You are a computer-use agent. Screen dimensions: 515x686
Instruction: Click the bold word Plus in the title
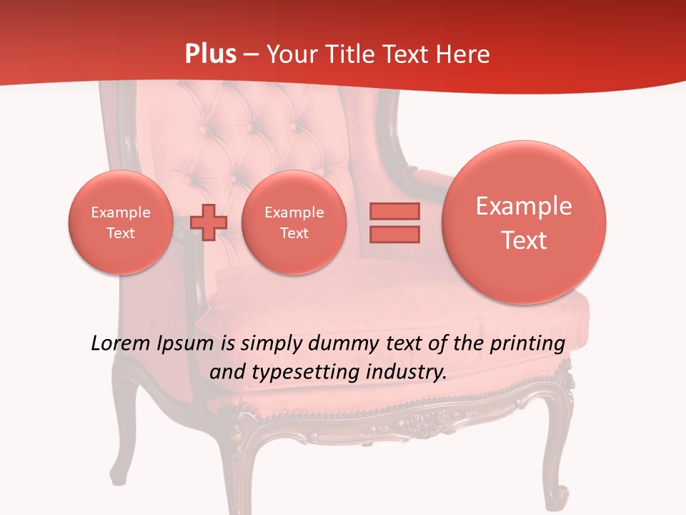pos(210,54)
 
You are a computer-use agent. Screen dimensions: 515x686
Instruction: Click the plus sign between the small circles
pos(209,222)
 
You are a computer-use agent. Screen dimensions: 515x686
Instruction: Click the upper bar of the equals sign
pos(394,211)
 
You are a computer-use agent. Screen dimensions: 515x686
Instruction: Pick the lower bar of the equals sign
pos(394,234)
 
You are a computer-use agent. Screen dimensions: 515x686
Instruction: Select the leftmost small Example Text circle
pos(121,222)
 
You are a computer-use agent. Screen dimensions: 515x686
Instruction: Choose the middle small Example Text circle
pos(294,222)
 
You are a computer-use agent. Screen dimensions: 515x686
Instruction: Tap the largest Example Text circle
pos(524,222)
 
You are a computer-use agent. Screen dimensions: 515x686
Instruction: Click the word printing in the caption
pos(527,344)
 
